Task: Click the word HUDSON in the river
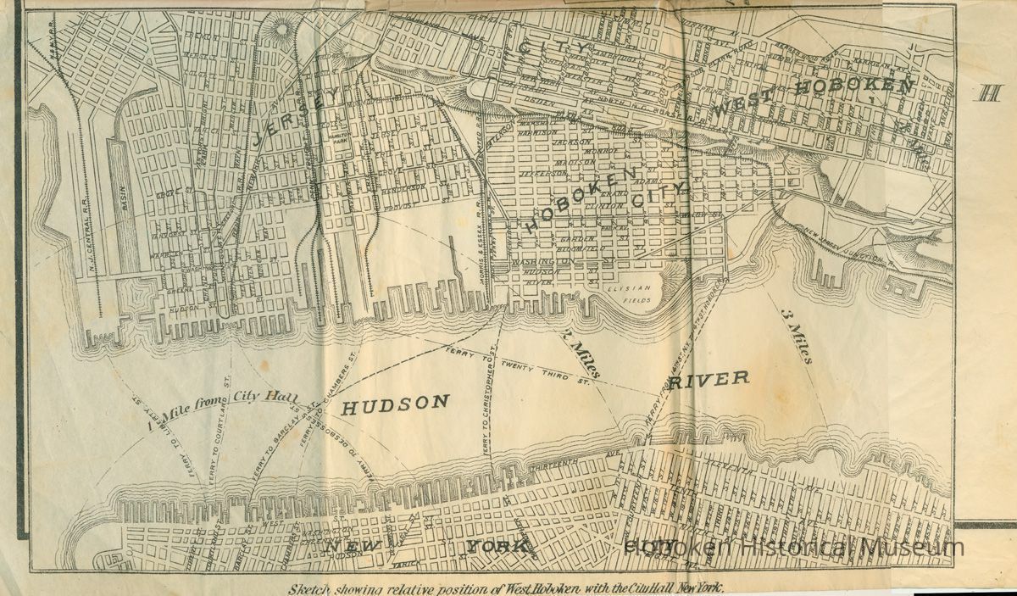pos(395,404)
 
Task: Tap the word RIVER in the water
pos(709,379)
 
